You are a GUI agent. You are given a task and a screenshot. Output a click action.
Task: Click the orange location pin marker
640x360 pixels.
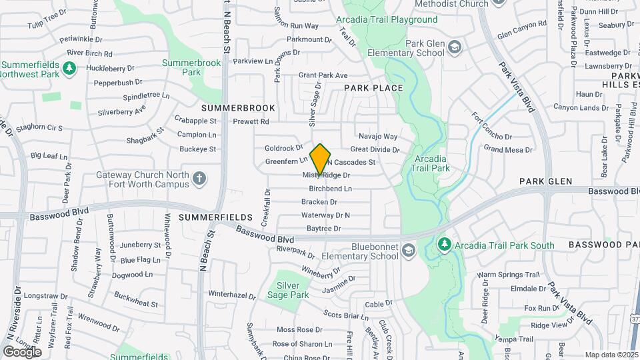click(x=321, y=159)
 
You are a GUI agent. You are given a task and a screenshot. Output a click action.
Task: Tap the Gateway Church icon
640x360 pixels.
click(x=199, y=178)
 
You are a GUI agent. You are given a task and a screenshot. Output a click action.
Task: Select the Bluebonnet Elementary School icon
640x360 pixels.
click(x=408, y=251)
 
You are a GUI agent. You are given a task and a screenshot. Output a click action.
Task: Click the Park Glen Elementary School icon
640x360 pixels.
click(x=454, y=47)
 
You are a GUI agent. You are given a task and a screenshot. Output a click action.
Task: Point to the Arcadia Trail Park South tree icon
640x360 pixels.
click(x=445, y=245)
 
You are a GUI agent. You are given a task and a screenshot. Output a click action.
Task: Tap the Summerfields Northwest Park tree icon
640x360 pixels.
click(x=68, y=68)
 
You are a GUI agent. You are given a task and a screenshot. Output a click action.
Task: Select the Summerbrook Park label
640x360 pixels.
click(x=191, y=67)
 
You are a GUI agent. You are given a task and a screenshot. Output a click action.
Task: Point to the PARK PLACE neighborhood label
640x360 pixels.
click(x=373, y=88)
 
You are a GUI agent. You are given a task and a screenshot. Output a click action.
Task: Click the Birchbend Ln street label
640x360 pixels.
click(x=330, y=189)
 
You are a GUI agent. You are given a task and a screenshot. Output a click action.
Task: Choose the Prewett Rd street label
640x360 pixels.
click(x=251, y=121)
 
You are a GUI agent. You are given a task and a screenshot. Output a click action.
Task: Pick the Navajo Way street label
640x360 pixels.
click(x=377, y=136)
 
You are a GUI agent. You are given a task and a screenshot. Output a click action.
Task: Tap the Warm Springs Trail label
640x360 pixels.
click(x=507, y=275)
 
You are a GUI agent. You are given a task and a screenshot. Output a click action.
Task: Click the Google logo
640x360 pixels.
click(x=22, y=351)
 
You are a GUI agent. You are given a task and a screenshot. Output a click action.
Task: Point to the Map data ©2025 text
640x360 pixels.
click(x=611, y=355)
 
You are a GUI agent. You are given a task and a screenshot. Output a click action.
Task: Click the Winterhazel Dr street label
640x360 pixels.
click(x=232, y=294)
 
